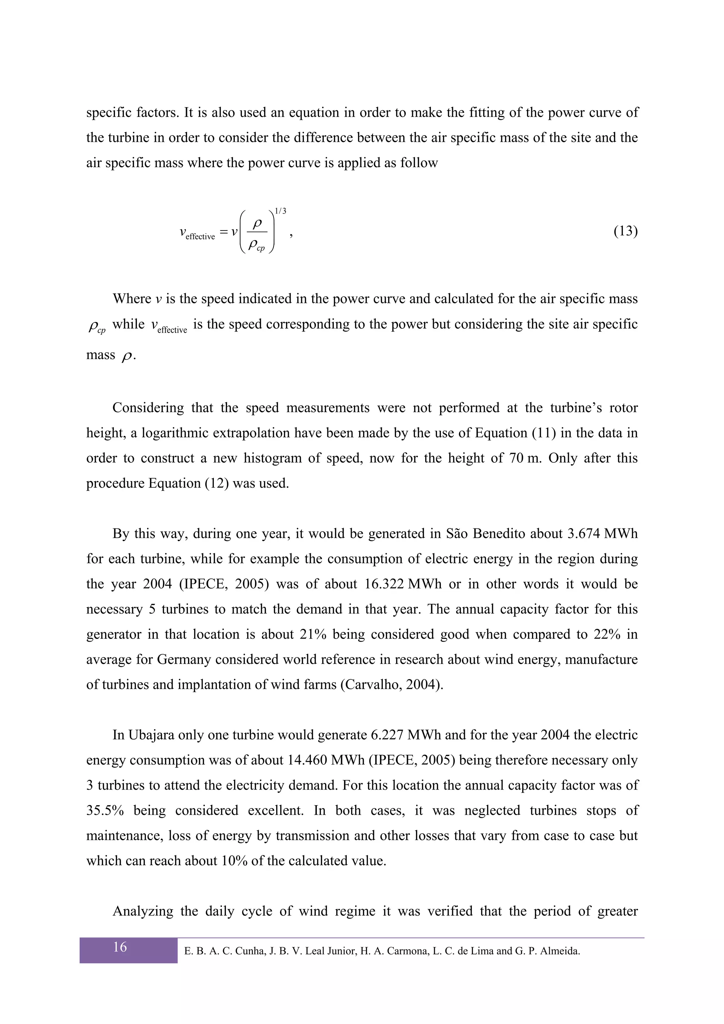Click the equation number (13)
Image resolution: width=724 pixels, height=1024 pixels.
coord(625,231)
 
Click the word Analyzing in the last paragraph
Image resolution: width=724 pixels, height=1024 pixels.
coord(143,911)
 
